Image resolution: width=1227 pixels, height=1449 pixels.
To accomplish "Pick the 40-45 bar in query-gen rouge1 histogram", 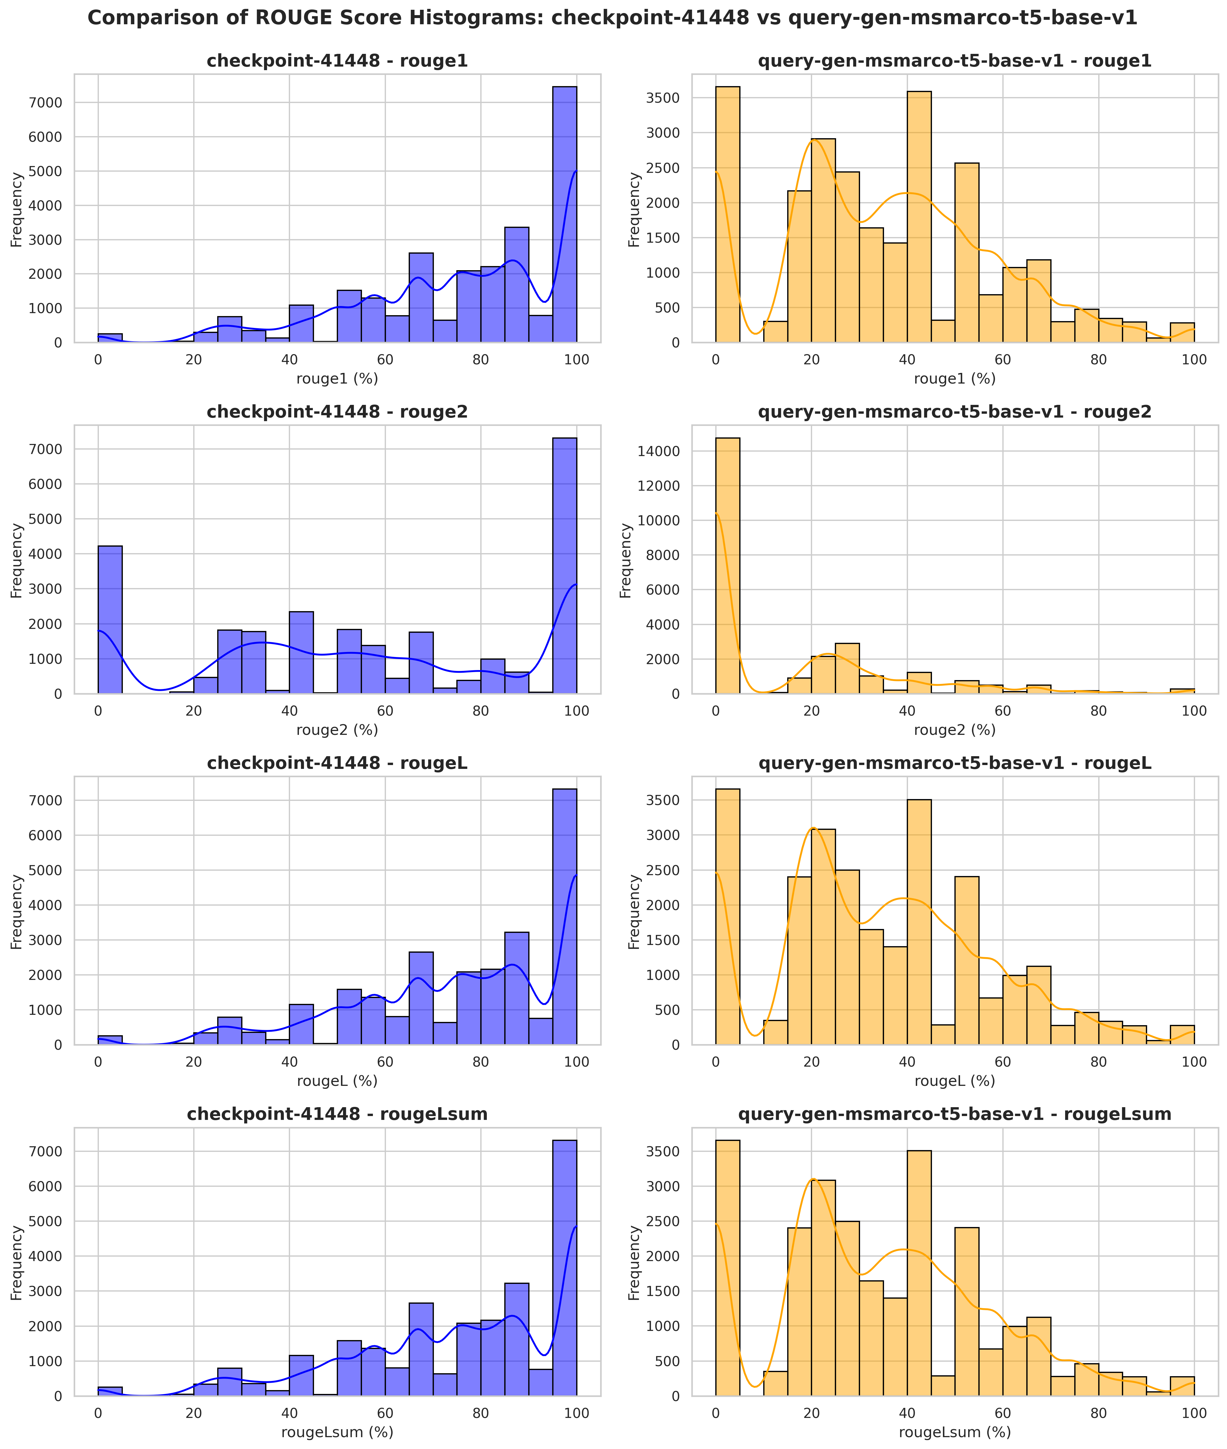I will coord(919,217).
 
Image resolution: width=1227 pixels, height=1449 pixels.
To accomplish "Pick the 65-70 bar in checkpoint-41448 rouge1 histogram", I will coord(421,298).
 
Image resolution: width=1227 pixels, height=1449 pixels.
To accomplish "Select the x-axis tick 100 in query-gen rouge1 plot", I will coord(1194,360).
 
